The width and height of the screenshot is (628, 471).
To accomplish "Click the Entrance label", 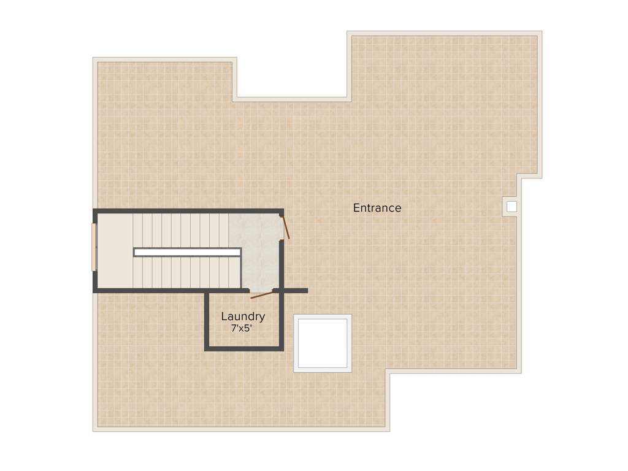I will [x=377, y=208].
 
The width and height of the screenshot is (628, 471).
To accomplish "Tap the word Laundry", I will [x=243, y=316].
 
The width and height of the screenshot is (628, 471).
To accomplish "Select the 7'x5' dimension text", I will [x=242, y=328].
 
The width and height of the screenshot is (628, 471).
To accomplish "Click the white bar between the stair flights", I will [x=187, y=251].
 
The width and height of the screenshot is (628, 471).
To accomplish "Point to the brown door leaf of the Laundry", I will [x=262, y=295].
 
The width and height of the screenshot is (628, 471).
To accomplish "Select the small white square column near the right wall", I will [x=511, y=206].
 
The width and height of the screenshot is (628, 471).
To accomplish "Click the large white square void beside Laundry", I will [x=323, y=343].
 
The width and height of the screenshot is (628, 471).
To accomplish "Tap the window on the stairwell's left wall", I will [x=93, y=247].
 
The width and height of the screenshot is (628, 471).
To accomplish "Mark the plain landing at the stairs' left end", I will [x=115, y=250].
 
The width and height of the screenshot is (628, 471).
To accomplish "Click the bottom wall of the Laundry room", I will [x=243, y=348].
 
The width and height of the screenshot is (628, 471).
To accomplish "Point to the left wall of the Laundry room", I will [x=207, y=320].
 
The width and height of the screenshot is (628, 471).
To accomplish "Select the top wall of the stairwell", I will [x=187, y=211].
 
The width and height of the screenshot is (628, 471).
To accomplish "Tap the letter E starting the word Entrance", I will [x=356, y=208].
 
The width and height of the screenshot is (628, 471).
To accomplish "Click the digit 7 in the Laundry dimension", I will [x=233, y=328].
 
